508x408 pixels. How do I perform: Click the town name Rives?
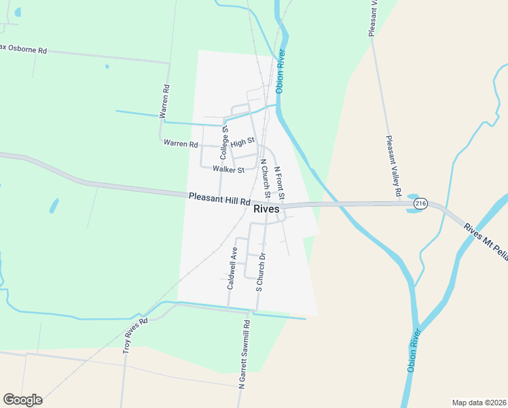(x=266, y=209)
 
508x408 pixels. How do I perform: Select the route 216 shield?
(x=420, y=204)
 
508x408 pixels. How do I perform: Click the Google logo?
(x=22, y=400)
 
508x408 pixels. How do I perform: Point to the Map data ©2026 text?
(x=479, y=402)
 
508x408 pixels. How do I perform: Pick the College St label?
(x=224, y=143)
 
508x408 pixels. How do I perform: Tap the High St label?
(x=242, y=142)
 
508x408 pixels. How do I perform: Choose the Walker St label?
(x=228, y=169)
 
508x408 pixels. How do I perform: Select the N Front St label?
(x=279, y=182)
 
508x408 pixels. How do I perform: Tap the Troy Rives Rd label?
(x=135, y=336)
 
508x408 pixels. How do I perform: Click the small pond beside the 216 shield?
(x=412, y=208)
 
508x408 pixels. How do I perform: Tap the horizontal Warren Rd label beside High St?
(x=181, y=144)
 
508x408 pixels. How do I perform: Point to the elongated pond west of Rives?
(x=54, y=205)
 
